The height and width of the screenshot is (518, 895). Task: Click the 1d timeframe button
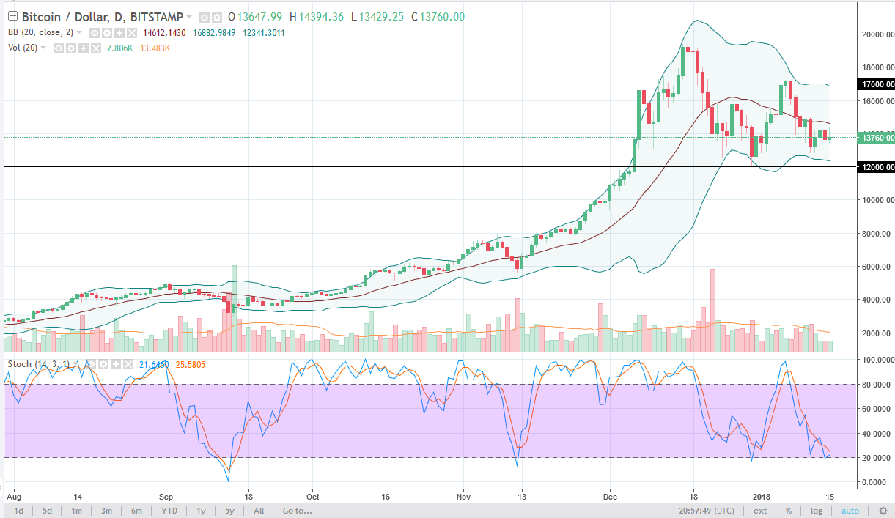tap(19, 511)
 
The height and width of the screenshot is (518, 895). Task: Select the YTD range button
tap(169, 511)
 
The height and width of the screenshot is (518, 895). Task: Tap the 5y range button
tap(229, 511)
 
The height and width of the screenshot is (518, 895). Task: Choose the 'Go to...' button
tap(298, 511)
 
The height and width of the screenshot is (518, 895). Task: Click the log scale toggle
tap(817, 511)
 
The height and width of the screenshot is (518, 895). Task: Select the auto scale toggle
tap(850, 511)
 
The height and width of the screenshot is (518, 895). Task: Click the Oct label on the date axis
tap(312, 495)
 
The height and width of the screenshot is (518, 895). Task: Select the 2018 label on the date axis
tap(762, 495)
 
